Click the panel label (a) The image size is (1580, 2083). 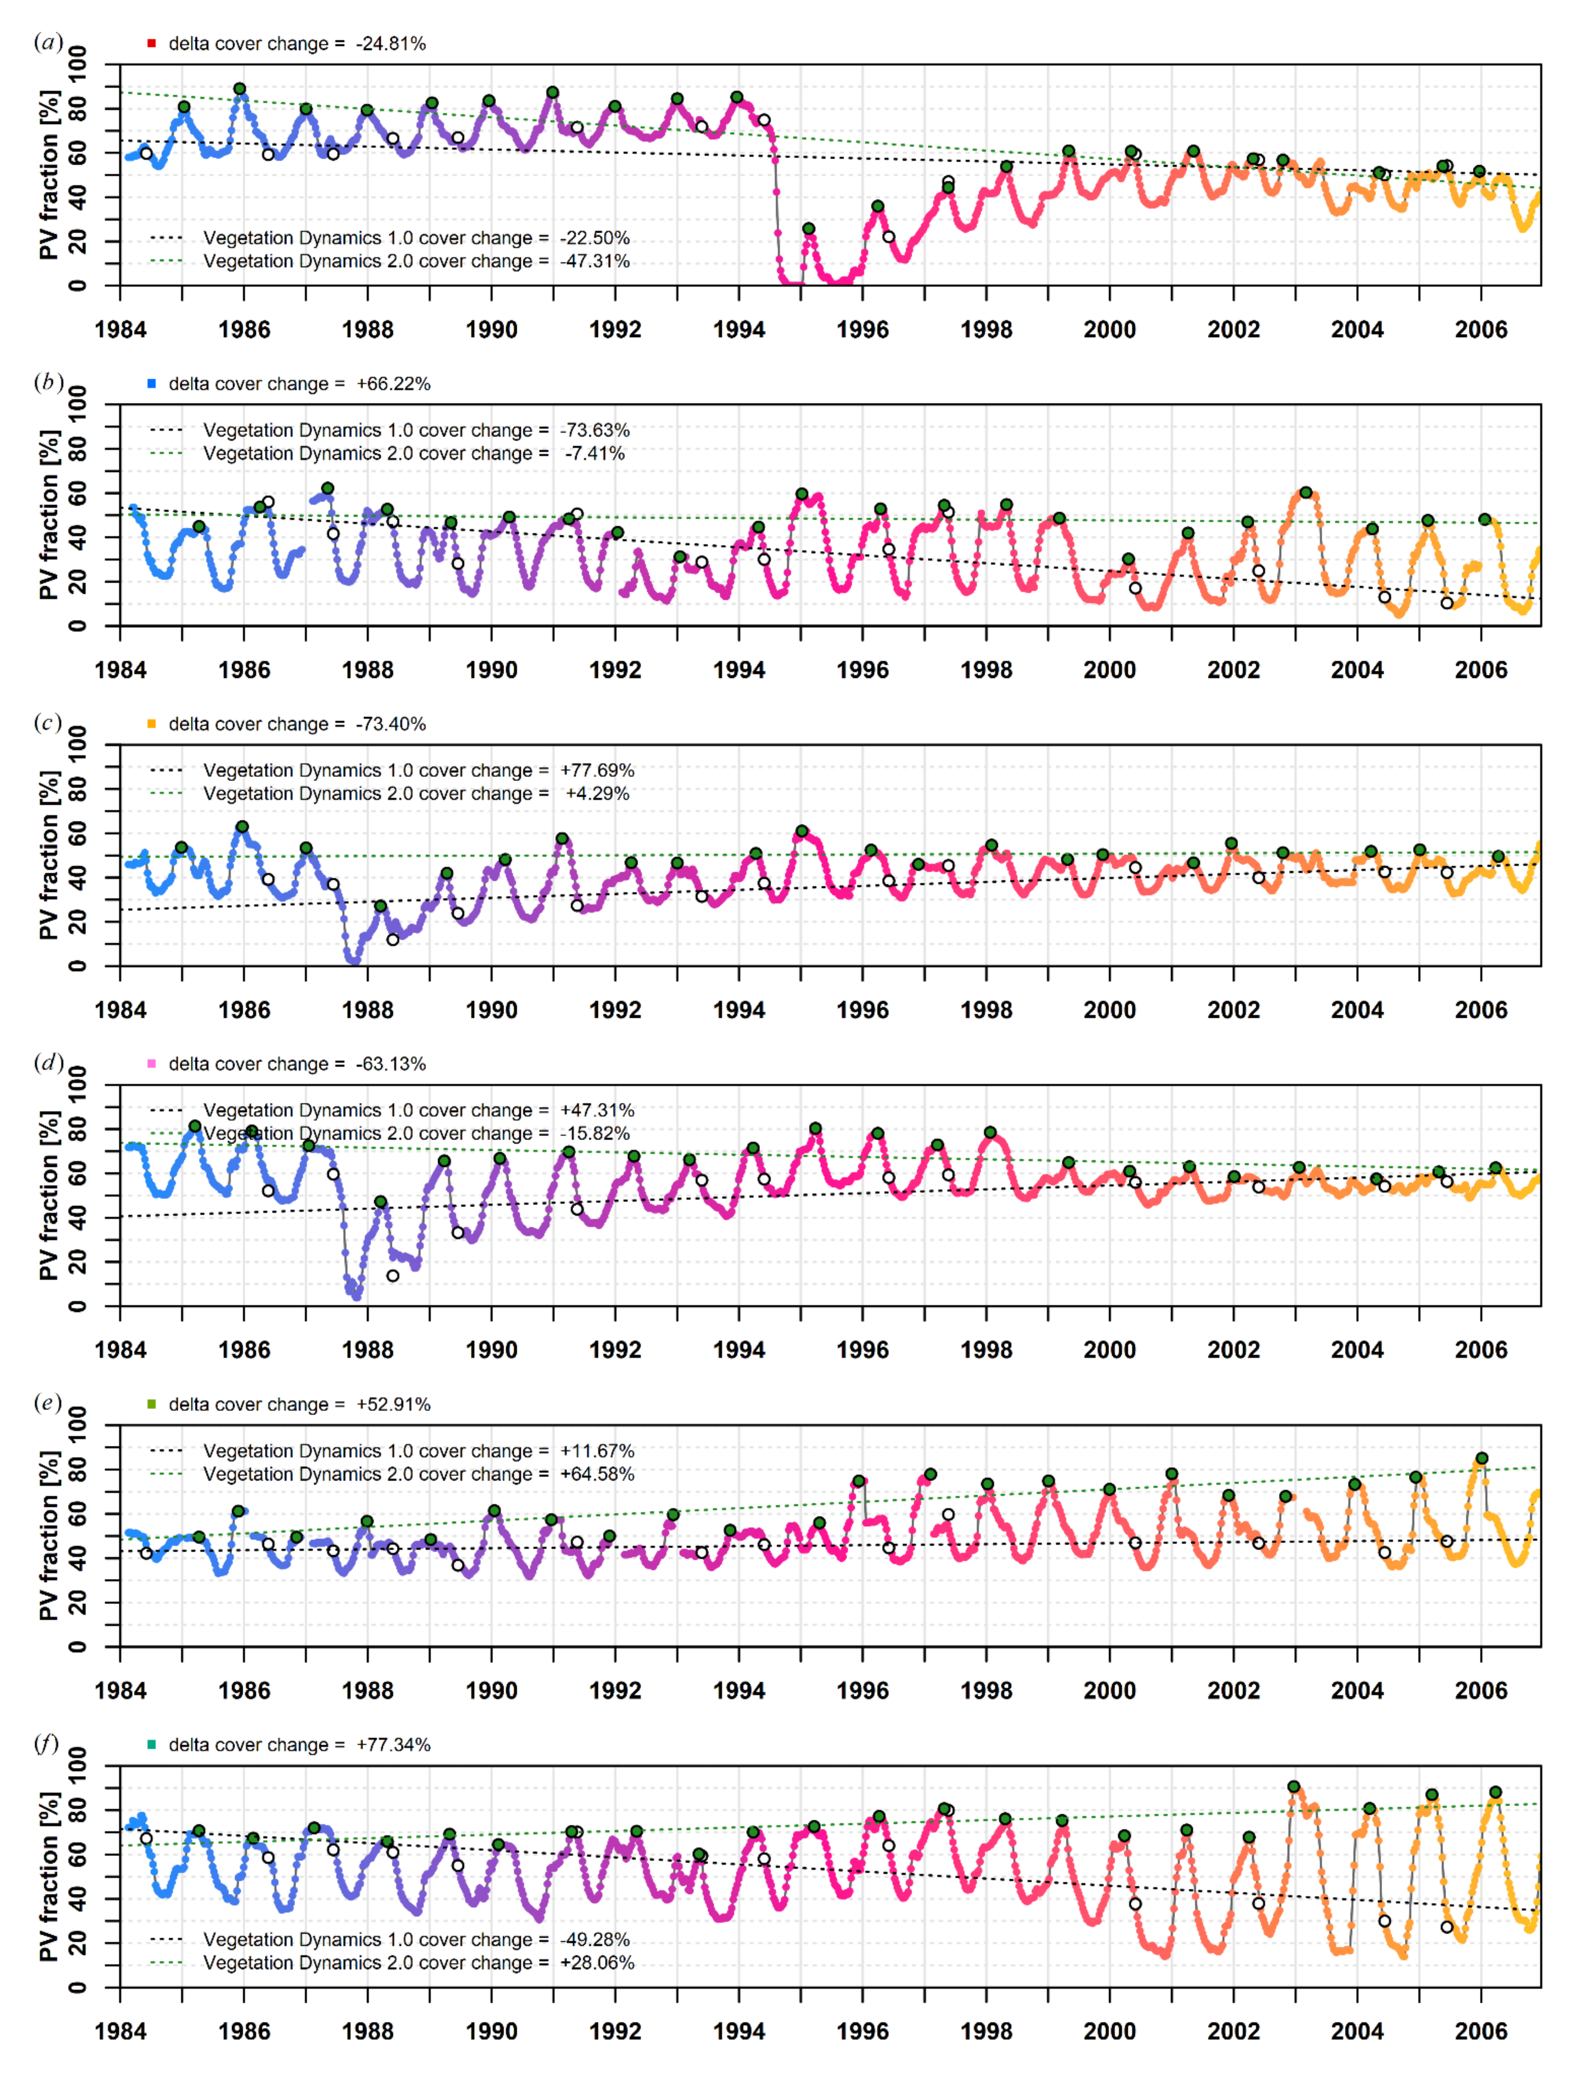[48, 42]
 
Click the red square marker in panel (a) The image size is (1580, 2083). [151, 43]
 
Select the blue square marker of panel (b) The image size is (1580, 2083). [151, 383]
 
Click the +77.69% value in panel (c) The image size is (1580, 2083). [597, 770]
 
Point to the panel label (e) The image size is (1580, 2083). [48, 1403]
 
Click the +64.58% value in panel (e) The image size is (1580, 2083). [597, 1474]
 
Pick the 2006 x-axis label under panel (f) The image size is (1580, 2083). [1480, 2031]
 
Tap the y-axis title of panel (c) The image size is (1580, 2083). [49, 855]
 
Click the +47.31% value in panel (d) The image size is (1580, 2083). [597, 1110]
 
